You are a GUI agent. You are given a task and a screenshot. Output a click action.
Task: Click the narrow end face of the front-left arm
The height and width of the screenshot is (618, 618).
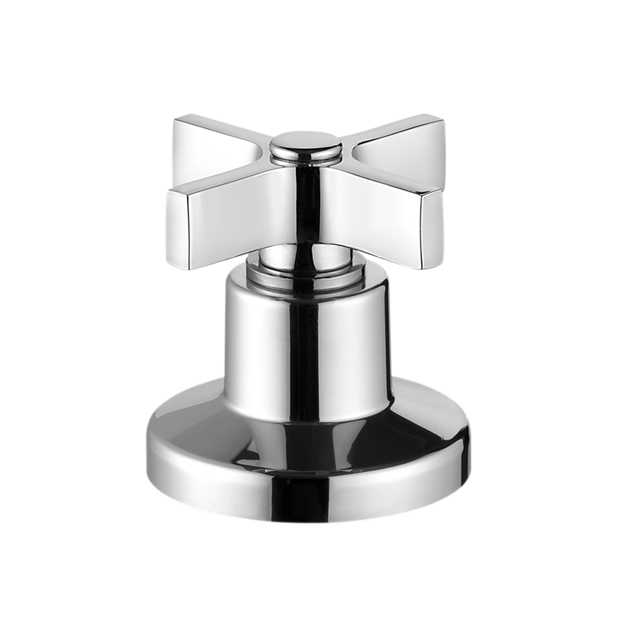177,229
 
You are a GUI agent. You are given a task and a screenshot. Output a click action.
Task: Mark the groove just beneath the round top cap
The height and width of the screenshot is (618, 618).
306,158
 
